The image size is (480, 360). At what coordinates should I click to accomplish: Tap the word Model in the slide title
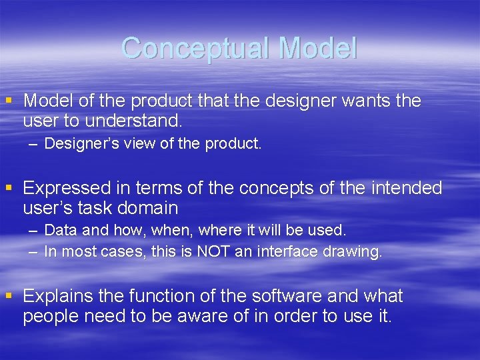[318, 49]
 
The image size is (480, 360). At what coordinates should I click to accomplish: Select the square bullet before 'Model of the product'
[9, 101]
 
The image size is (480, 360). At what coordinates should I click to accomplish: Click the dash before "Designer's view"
[33, 144]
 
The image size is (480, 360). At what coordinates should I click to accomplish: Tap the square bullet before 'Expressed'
[9, 188]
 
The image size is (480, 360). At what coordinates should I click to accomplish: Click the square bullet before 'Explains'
[9, 295]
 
